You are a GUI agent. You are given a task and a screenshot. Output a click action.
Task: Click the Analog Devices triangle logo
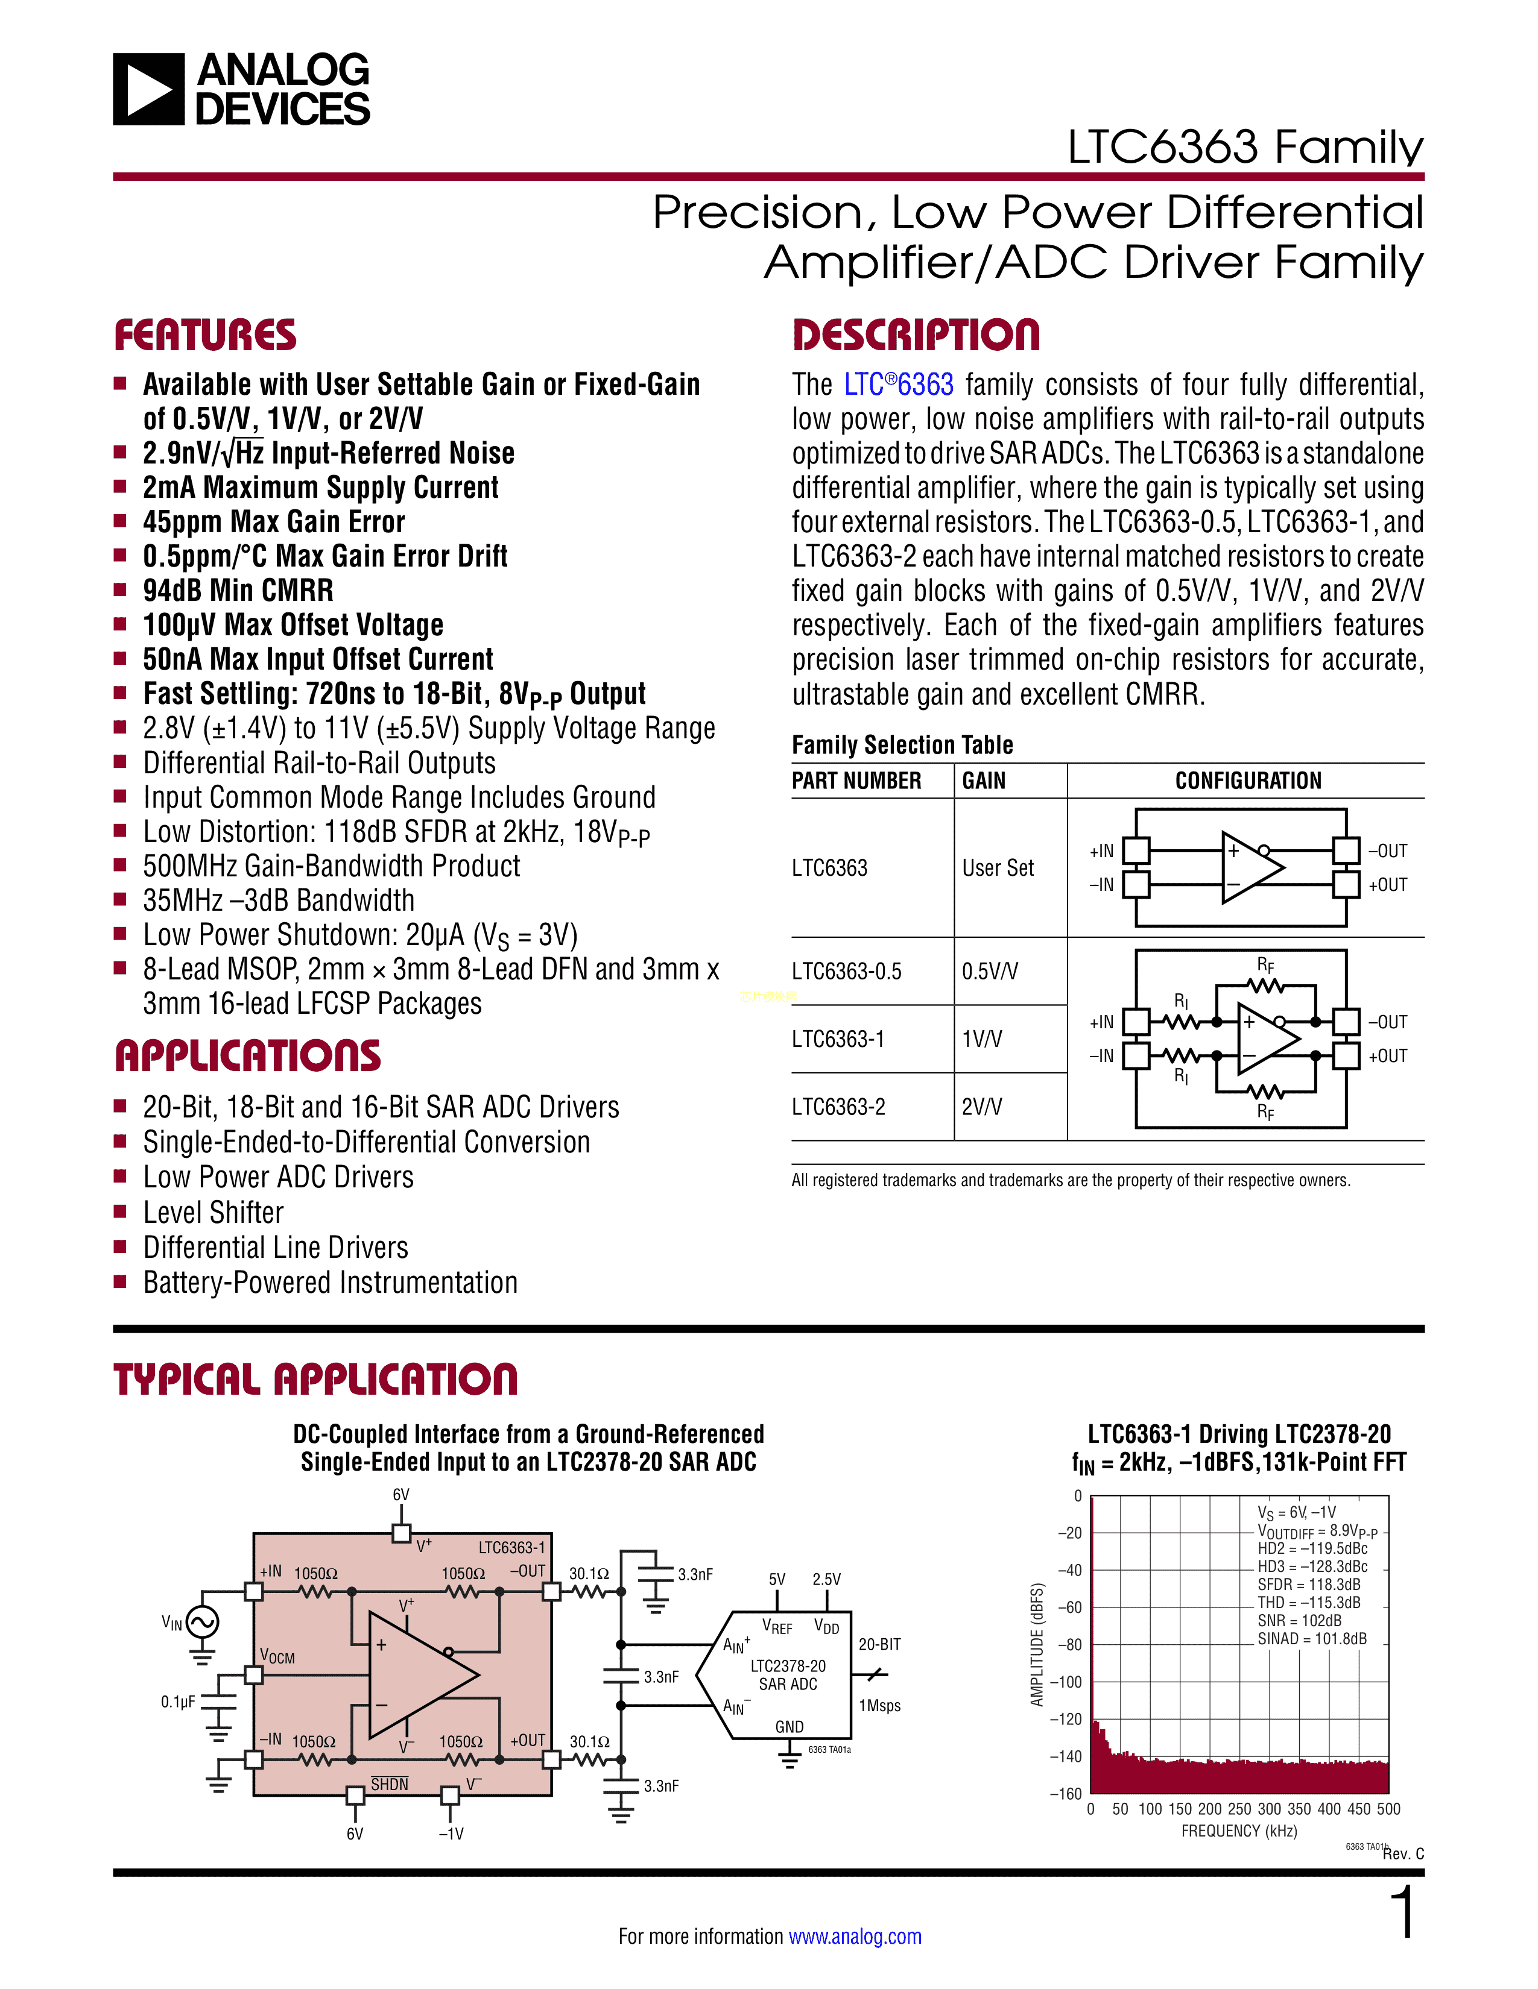pos(148,89)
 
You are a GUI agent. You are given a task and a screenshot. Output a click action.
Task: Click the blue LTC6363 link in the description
pos(899,385)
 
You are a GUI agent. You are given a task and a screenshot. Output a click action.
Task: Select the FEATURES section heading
pos(205,335)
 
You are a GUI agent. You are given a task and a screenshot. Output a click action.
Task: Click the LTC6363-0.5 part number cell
pos(846,972)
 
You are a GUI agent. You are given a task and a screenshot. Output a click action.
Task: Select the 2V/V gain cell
pos(981,1107)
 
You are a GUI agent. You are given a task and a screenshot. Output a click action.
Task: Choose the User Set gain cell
pos(998,869)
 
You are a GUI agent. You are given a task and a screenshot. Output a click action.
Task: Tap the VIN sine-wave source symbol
pos(202,1622)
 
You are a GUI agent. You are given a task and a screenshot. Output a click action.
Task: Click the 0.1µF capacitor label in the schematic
pos(178,1702)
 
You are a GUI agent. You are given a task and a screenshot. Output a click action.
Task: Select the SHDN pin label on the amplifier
pos(389,1784)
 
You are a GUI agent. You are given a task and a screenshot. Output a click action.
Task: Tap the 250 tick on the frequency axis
pos(1239,1809)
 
